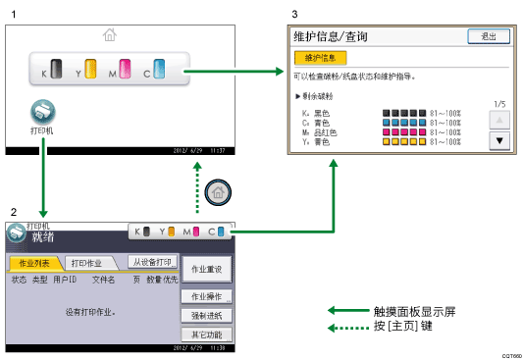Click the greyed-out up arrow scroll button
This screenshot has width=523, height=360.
point(500,121)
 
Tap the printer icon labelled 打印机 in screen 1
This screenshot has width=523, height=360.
point(43,111)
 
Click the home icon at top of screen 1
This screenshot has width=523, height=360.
point(108,35)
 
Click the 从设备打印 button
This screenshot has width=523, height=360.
point(152,262)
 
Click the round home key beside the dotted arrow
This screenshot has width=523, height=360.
point(221,192)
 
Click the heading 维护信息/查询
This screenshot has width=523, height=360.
point(329,37)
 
